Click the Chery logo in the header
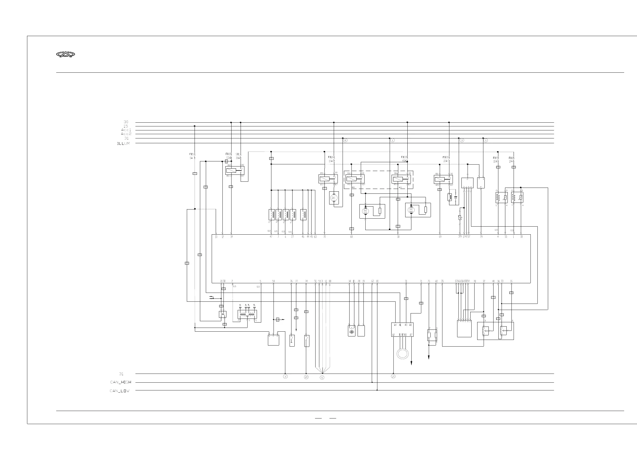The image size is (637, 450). tap(66, 54)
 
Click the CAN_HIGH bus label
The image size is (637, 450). tap(120, 382)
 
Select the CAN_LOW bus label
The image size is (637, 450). tap(120, 391)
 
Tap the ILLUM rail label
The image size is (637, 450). tap(123, 143)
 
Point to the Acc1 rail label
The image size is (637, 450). tap(126, 130)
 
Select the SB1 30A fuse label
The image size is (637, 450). tap(238, 156)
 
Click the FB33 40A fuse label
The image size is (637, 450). tap(404, 159)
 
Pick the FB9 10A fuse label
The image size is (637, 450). tap(496, 160)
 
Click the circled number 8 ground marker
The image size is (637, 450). tap(345, 141)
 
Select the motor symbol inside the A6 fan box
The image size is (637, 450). tap(365, 211)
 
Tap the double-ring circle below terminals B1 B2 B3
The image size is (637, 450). tap(403, 354)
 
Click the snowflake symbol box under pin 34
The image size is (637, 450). tap(352, 331)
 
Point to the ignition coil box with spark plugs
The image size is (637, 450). tap(247, 315)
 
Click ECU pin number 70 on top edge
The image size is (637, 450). tap(324, 237)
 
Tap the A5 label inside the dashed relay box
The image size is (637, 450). tap(400, 188)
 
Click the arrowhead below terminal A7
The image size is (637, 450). tap(411, 363)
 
